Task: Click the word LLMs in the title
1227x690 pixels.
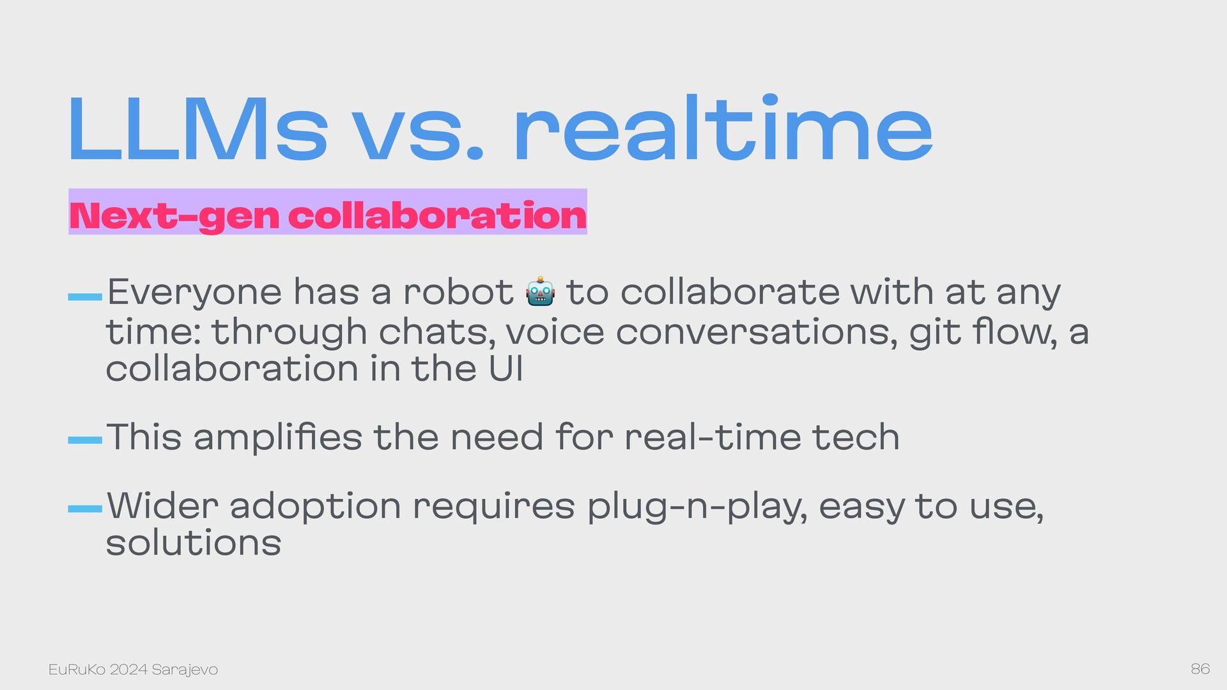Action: pyautogui.click(x=197, y=130)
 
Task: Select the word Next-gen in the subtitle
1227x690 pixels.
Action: pyautogui.click(x=174, y=216)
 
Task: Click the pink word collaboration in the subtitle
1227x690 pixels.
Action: pyautogui.click(x=437, y=215)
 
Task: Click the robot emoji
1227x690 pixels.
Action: pyautogui.click(x=540, y=292)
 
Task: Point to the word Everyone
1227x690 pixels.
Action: pyautogui.click(x=194, y=293)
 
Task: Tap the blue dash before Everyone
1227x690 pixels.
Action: pyautogui.click(x=85, y=296)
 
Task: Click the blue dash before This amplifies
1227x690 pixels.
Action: pyautogui.click(x=85, y=440)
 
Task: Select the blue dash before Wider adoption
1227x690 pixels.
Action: pyautogui.click(x=85, y=509)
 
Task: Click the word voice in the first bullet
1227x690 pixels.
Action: pyautogui.click(x=555, y=332)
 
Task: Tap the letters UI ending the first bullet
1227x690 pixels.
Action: pyautogui.click(x=505, y=369)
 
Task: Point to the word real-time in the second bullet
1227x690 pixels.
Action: pyautogui.click(x=712, y=438)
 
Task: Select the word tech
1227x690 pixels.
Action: pyautogui.click(x=856, y=438)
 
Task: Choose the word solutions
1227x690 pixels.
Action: pyautogui.click(x=194, y=543)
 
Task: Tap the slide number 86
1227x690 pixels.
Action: pyautogui.click(x=1200, y=669)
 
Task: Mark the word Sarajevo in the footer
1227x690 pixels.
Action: pyautogui.click(x=185, y=670)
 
